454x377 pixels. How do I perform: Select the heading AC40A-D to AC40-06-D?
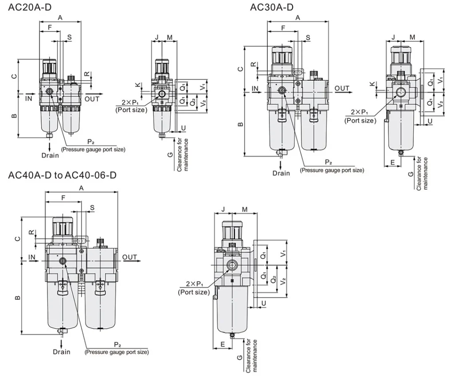[x=62, y=175]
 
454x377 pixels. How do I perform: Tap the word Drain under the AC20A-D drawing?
[x=50, y=155]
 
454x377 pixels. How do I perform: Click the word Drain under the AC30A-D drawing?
[x=281, y=173]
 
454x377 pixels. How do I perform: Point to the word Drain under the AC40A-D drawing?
[x=62, y=352]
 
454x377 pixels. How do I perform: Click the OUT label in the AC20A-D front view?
[x=92, y=99]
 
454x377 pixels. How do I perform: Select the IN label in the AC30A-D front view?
[x=255, y=89]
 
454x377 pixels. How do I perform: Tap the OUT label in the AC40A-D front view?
[x=130, y=257]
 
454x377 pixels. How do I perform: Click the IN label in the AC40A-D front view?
[x=32, y=257]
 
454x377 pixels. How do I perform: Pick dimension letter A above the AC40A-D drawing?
[x=81, y=188]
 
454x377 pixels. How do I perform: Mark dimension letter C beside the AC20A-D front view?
[x=14, y=76]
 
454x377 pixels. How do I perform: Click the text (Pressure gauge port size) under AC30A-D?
[x=332, y=170]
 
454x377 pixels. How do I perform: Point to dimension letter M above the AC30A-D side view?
[x=412, y=37]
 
